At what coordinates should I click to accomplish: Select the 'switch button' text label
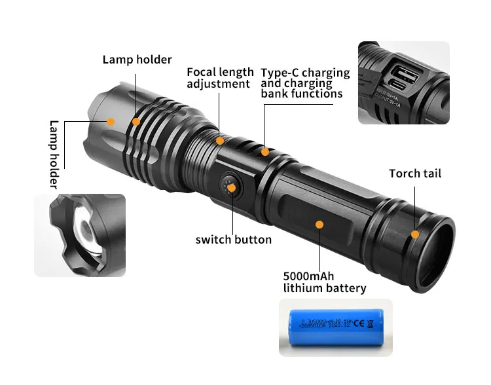click(233, 240)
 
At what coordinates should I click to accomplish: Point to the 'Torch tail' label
click(415, 174)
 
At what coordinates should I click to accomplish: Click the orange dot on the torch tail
click(414, 234)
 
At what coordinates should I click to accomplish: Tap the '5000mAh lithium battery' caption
click(324, 282)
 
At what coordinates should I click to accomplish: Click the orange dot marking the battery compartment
click(319, 224)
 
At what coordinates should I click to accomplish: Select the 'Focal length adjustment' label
click(220, 78)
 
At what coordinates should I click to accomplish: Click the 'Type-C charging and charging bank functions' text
click(305, 83)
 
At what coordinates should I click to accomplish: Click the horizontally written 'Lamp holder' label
click(137, 60)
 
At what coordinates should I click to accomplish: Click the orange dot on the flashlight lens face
click(111, 121)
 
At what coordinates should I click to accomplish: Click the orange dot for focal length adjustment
click(220, 140)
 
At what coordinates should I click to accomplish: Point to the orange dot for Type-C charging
click(265, 152)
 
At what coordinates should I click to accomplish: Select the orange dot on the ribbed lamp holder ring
click(136, 121)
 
